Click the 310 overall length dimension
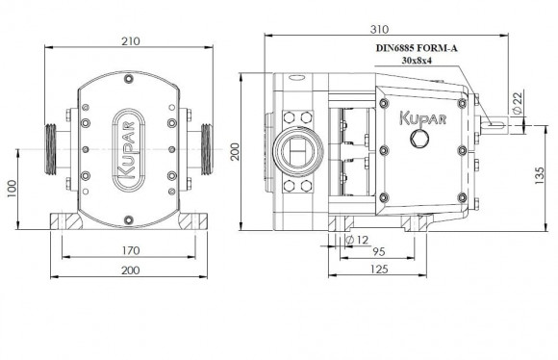tap(379, 29)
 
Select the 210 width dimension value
tap(131, 41)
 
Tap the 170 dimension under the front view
tap(131, 250)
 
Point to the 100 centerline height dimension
tap(12, 189)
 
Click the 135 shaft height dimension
tap(540, 175)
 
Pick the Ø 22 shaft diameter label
tap(518, 103)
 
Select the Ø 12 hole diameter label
tap(357, 240)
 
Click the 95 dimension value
tap(379, 252)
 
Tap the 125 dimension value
tap(379, 270)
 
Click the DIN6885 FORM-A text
tap(417, 48)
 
